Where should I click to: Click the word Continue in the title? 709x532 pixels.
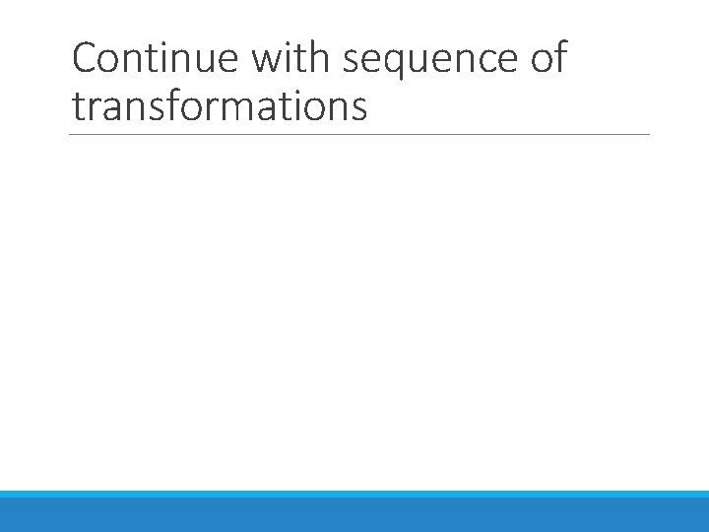155,59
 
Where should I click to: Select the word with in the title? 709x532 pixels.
290,59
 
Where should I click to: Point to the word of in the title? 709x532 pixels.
548,59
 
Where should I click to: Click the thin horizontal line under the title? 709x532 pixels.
360,135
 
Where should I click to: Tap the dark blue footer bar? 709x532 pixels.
354,515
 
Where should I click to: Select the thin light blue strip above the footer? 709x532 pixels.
354,494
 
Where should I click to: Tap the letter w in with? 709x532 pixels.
267,61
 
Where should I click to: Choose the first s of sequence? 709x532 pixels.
352,62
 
